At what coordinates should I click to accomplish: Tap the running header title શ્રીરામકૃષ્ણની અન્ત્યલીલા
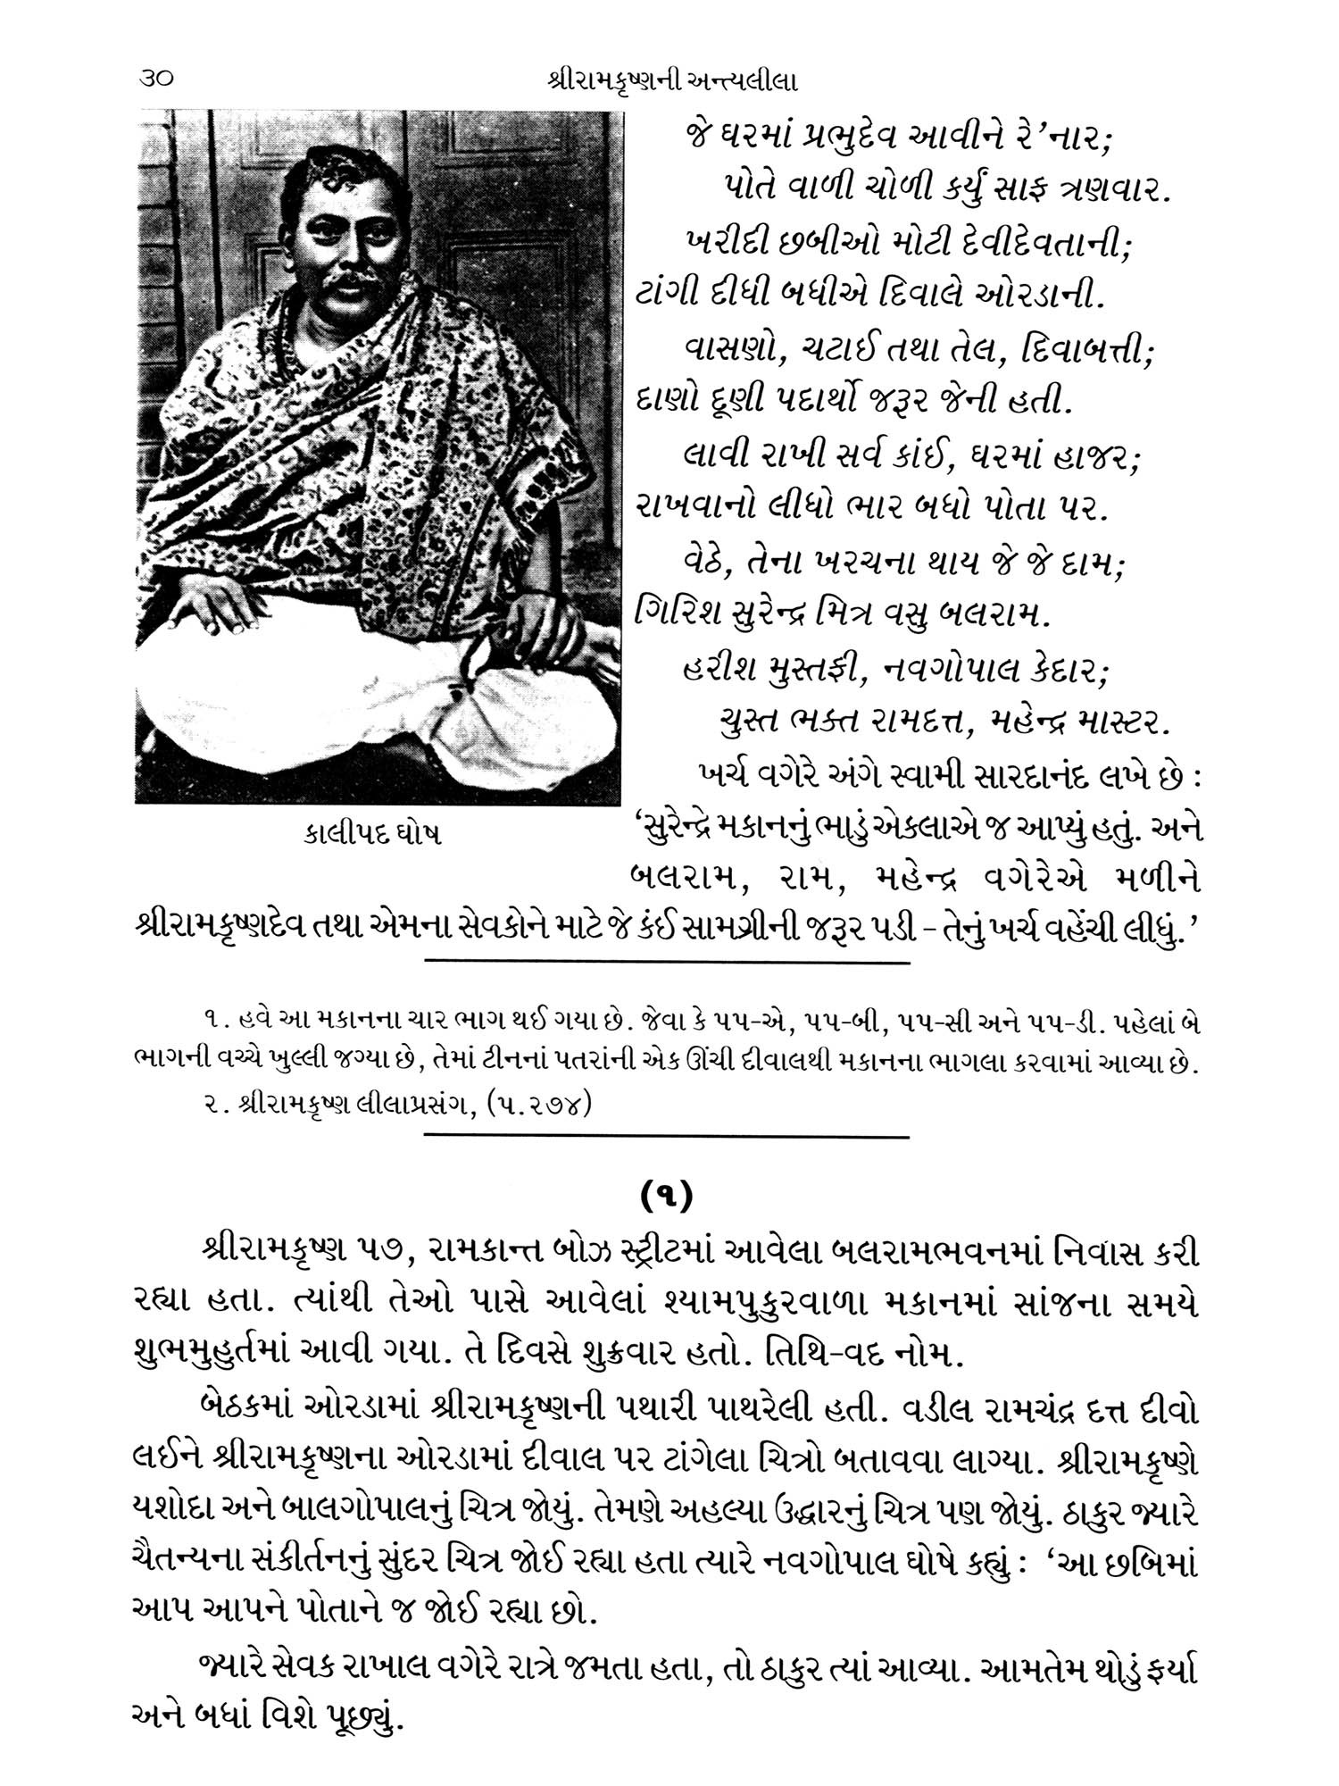point(669,81)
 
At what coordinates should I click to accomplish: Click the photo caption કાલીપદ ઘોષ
point(370,834)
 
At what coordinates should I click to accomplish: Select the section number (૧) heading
point(668,1198)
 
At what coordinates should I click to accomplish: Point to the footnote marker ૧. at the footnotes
point(213,1021)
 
